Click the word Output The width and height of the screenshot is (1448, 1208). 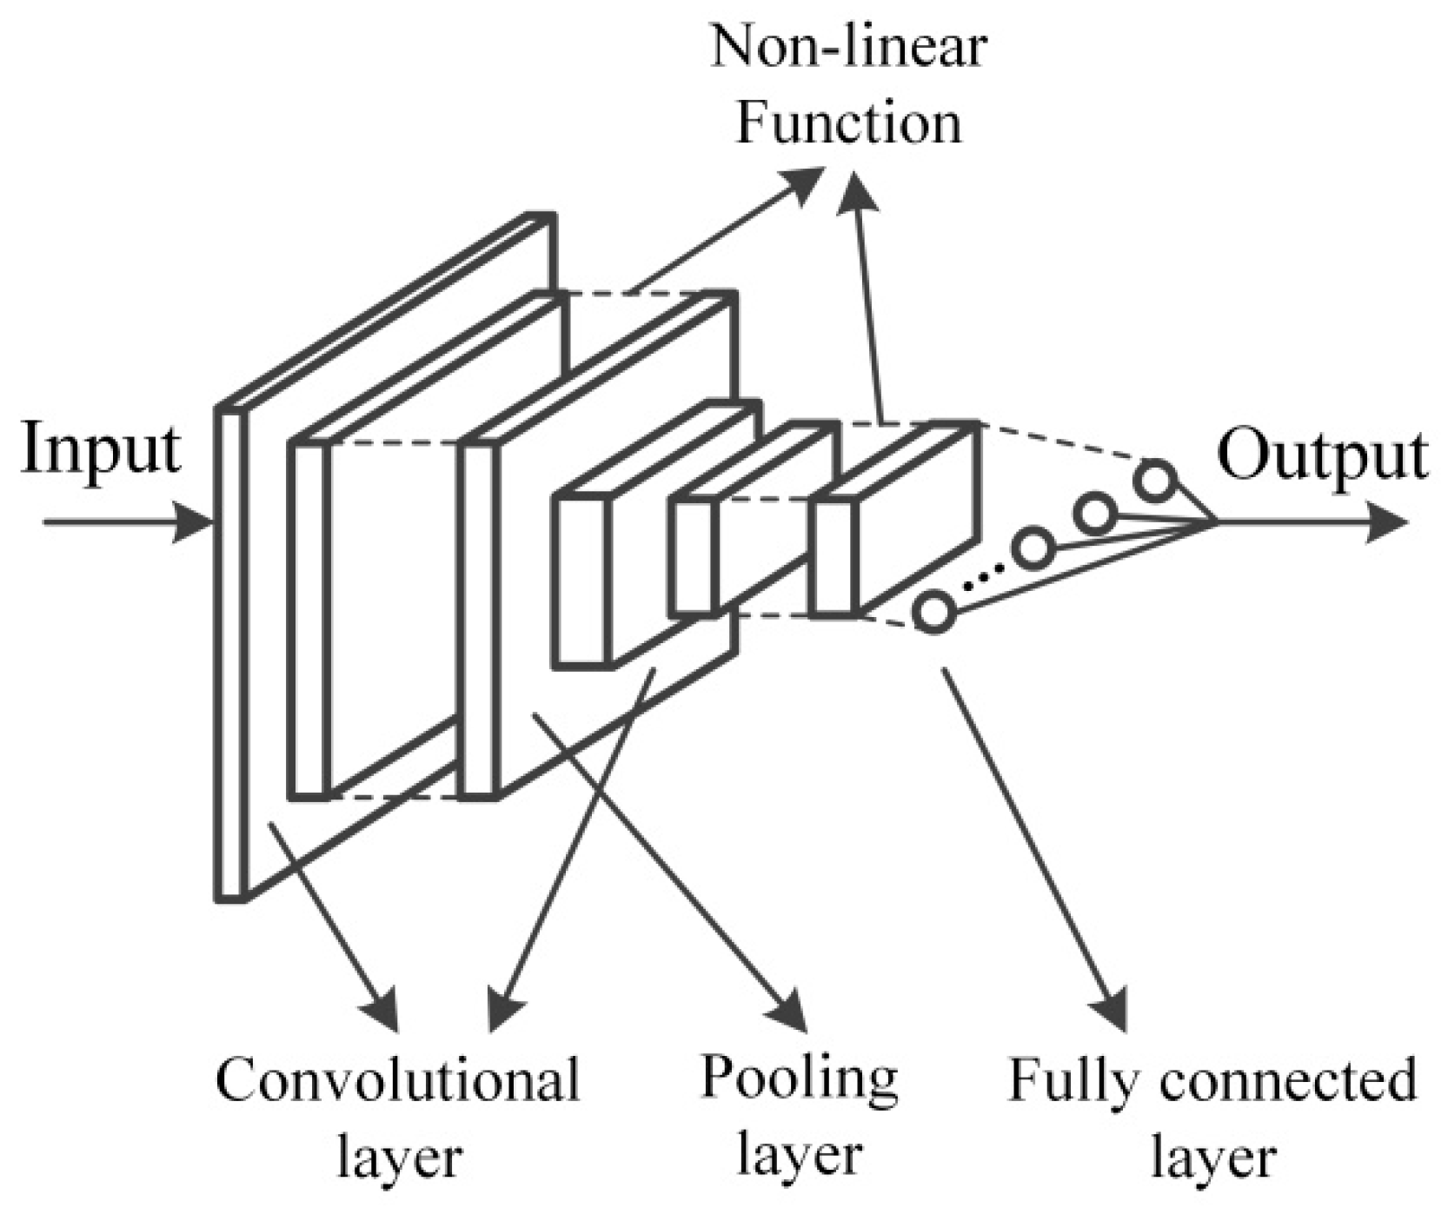click(1322, 455)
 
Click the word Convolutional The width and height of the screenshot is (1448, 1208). click(397, 1080)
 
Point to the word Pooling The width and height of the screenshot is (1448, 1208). click(799, 1079)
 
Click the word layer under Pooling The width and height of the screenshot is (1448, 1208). click(799, 1157)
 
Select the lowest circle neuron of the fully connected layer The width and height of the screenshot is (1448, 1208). click(933, 612)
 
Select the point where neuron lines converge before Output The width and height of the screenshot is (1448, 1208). click(1215, 523)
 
